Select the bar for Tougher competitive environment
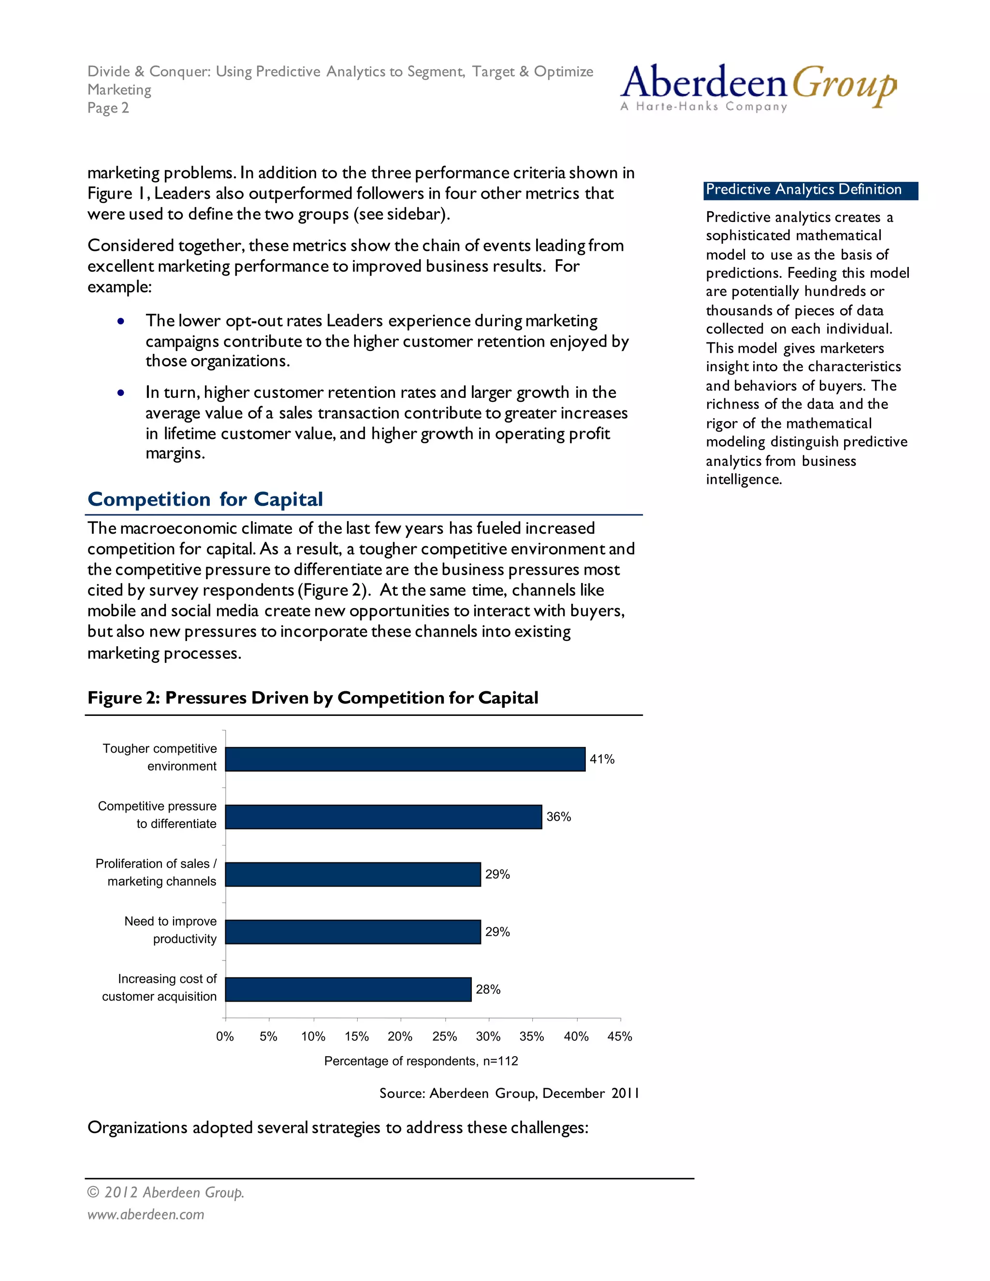tap(405, 759)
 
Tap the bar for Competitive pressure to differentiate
tap(383, 816)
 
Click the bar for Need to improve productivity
tap(352, 932)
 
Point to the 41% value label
tap(602, 759)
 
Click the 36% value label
tap(558, 816)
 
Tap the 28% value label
tap(488, 990)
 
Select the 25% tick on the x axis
tap(445, 1036)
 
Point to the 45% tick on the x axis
tap(619, 1036)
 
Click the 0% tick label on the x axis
tap(225, 1036)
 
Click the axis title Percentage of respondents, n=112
tap(421, 1061)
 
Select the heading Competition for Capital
tap(205, 499)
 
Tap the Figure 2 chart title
tap(313, 698)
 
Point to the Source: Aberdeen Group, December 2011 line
tap(509, 1093)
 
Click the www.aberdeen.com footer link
tap(146, 1214)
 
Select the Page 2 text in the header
tap(108, 108)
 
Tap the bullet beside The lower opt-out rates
tap(121, 321)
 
